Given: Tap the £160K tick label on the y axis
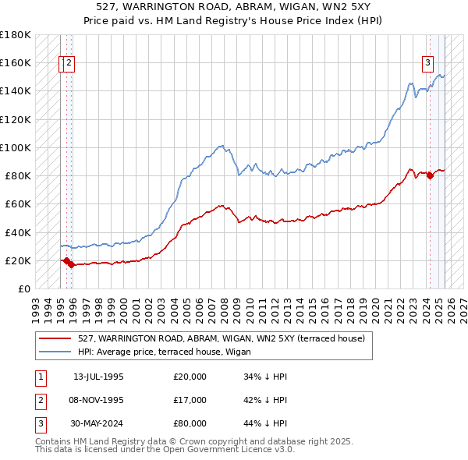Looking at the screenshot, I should [15, 62].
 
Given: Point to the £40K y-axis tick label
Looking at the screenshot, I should [17, 232].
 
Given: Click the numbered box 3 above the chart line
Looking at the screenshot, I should [428, 64].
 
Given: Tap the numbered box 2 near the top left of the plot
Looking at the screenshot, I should [69, 64].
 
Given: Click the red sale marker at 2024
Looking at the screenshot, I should [430, 175].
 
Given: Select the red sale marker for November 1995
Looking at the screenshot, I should [72, 265].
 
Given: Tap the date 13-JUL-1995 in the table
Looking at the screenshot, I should [98, 377].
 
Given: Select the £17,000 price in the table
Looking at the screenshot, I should [190, 400].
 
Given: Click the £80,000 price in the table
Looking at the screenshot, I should [190, 423].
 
